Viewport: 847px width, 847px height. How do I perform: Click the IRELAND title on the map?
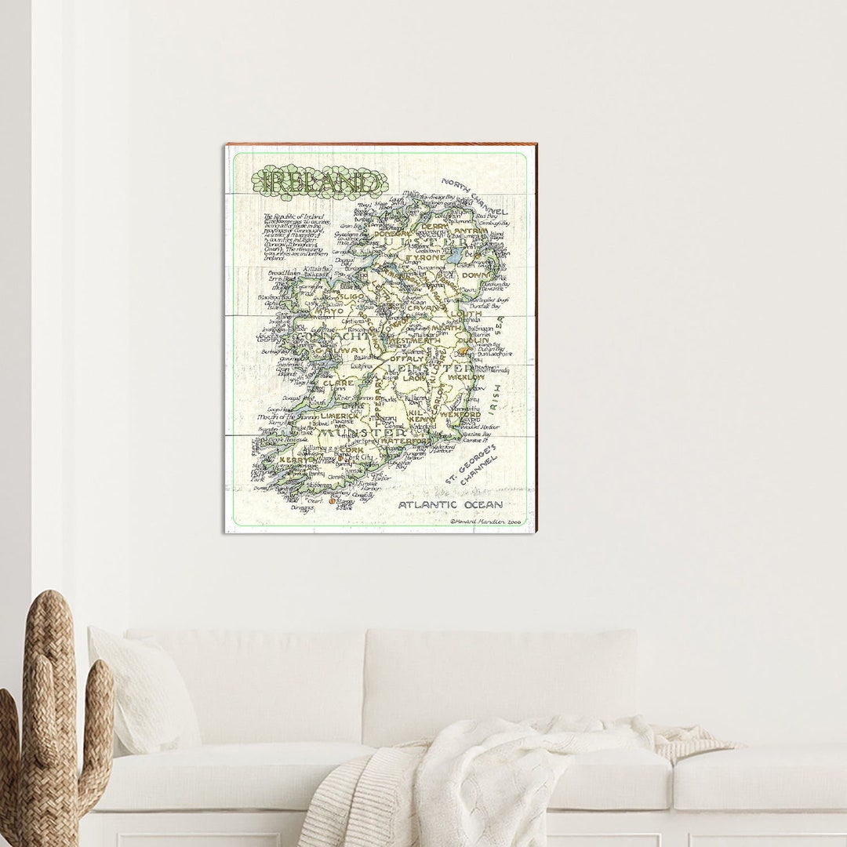click(x=319, y=182)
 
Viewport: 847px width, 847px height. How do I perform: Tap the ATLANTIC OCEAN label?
click(x=450, y=505)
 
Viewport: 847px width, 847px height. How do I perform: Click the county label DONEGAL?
click(x=391, y=234)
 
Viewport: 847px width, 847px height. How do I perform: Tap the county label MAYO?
click(x=329, y=311)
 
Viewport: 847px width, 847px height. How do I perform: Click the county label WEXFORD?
click(x=460, y=414)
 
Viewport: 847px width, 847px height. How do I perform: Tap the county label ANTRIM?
click(x=471, y=231)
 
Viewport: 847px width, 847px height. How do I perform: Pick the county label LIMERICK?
click(x=340, y=416)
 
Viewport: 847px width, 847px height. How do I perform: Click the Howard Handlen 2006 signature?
click(x=485, y=521)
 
